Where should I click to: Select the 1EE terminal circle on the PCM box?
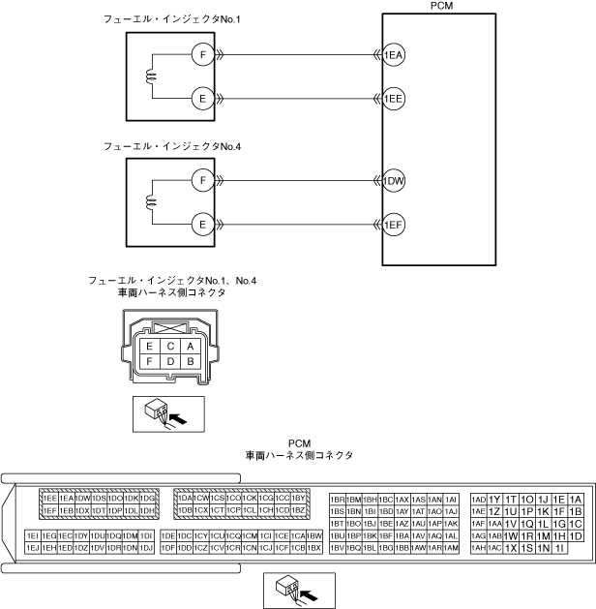point(394,99)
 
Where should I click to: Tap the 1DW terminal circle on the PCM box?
point(394,181)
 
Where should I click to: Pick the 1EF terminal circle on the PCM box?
point(394,225)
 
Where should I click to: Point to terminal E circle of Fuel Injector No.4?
point(201,225)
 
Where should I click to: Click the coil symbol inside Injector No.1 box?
point(150,77)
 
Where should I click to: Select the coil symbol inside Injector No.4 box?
point(150,202)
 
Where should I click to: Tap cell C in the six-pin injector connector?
point(170,346)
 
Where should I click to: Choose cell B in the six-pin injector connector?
point(191,361)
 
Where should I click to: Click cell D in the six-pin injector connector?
point(170,361)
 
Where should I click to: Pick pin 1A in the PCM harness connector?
point(576,498)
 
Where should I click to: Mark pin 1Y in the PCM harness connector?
point(494,498)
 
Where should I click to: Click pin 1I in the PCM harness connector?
point(559,548)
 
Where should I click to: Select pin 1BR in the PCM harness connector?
point(338,498)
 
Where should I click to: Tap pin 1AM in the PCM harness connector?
point(451,548)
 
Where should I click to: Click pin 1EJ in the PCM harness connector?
point(33,548)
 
